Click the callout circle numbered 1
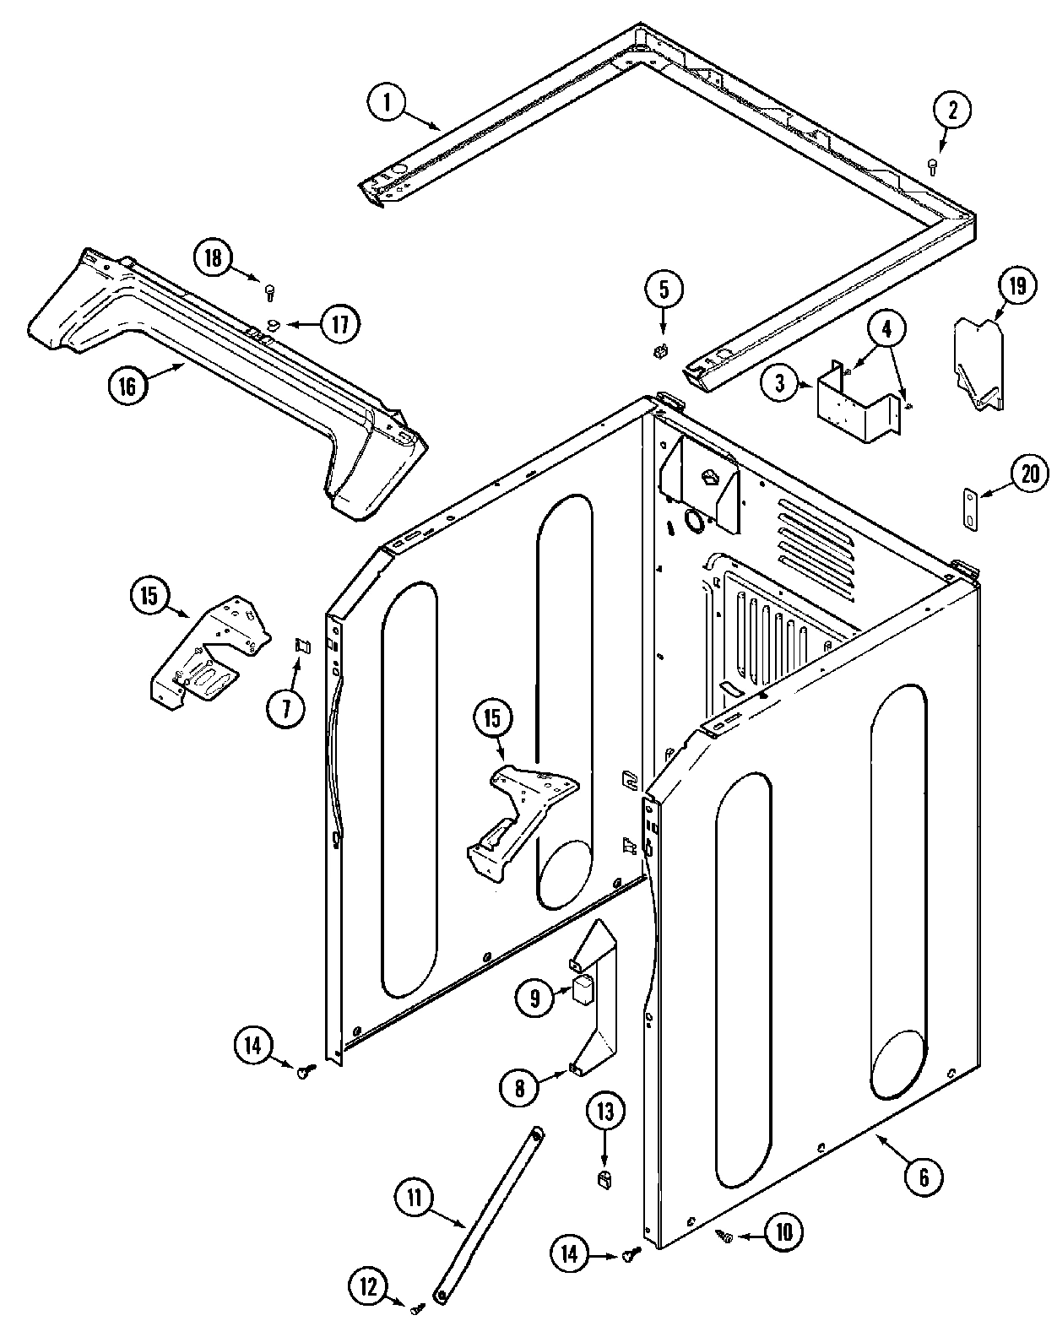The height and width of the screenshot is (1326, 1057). pyautogui.click(x=387, y=103)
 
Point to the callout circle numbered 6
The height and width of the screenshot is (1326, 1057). pyautogui.click(x=923, y=1177)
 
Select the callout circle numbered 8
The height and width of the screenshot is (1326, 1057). pyautogui.click(x=519, y=1089)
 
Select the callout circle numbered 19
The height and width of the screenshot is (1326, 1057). pyautogui.click(x=1017, y=287)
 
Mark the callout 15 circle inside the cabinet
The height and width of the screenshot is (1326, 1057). pyautogui.click(x=492, y=718)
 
